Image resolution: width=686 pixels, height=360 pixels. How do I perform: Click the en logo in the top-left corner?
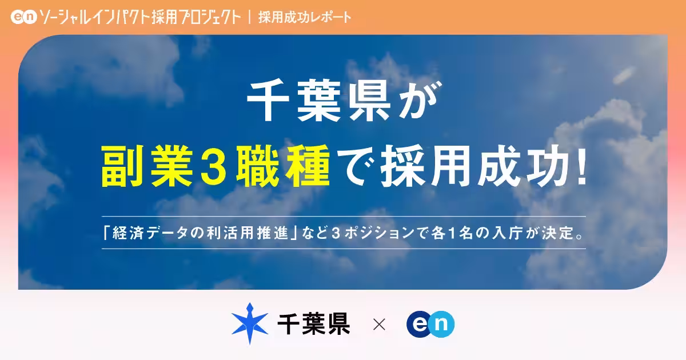click(x=23, y=17)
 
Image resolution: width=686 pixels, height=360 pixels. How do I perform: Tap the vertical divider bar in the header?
click(x=250, y=17)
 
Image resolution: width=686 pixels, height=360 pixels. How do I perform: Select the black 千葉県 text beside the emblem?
click(x=313, y=325)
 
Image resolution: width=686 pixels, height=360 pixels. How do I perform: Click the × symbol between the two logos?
click(x=378, y=325)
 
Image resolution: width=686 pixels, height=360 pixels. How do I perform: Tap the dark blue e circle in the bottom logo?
click(x=420, y=325)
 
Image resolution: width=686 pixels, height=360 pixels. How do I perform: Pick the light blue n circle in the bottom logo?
click(x=442, y=325)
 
